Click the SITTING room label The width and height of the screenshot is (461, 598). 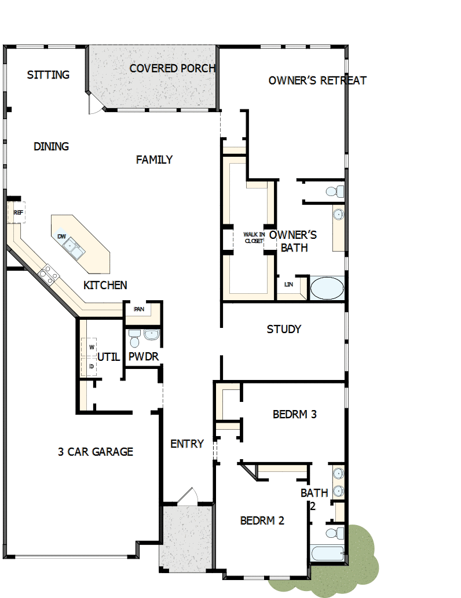(48, 75)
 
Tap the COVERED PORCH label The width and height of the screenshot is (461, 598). (173, 68)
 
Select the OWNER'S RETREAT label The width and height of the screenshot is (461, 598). (317, 80)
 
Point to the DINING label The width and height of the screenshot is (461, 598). (51, 146)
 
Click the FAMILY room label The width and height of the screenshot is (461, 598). (154, 160)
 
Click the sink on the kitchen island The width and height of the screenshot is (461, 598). (74, 249)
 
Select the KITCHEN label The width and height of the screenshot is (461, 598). (105, 285)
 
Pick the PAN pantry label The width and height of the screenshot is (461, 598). (139, 309)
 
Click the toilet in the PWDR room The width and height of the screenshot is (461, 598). (134, 335)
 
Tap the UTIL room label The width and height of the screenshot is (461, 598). (108, 357)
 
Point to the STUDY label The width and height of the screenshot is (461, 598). (284, 329)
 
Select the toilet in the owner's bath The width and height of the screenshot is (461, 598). (333, 190)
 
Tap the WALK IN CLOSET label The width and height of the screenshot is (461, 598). (254, 237)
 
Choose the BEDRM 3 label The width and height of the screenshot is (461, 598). (294, 414)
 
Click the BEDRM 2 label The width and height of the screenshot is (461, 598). (262, 521)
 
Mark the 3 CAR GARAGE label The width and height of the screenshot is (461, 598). (96, 452)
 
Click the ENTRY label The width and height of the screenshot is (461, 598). (187, 444)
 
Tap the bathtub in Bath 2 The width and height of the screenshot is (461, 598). (327, 553)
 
